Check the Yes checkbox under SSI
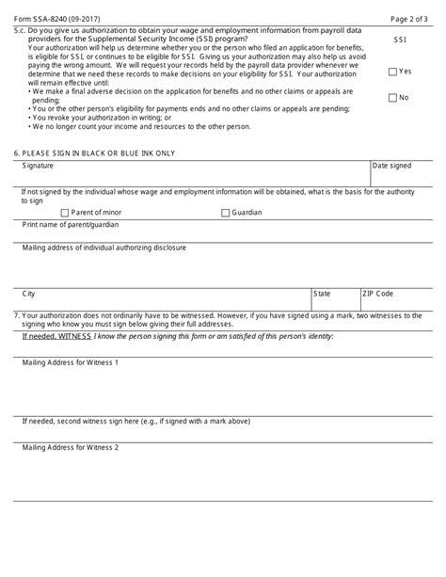coord(392,72)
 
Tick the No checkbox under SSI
coord(392,98)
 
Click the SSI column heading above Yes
coord(399,40)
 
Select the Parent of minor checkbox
coord(64,213)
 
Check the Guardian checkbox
coord(225,213)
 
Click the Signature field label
coord(39,166)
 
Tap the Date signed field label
coord(392,166)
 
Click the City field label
coord(29,294)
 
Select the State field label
coord(322,294)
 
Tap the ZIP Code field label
coord(378,294)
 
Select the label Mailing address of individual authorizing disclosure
coord(104,248)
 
